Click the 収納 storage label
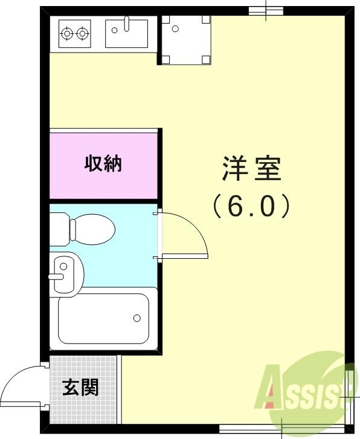click(x=103, y=163)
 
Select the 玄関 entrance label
click(x=80, y=387)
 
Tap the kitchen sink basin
click(x=126, y=35)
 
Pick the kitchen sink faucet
click(x=126, y=24)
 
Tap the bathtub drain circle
click(x=137, y=317)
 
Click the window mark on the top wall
click(x=266, y=10)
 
